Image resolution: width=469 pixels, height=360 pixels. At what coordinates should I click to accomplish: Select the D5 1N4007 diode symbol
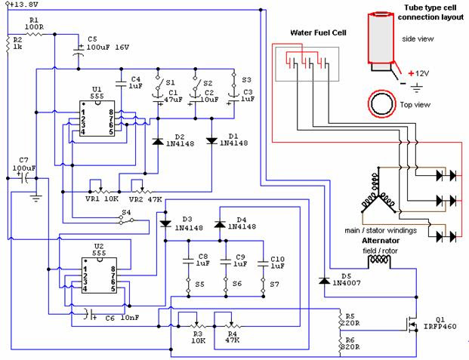pyautogui.click(x=324, y=281)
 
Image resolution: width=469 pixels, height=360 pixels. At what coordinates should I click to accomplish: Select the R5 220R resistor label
pyautogui.click(x=350, y=319)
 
